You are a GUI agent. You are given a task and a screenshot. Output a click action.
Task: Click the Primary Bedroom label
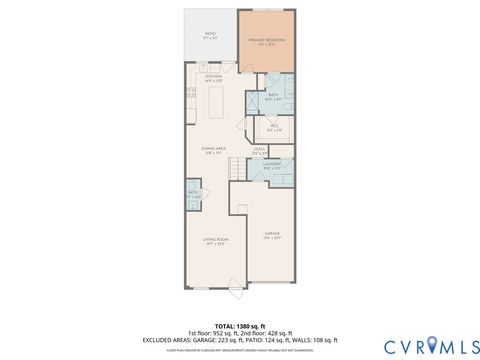[266, 41]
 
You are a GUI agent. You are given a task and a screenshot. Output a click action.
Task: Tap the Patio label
[210, 35]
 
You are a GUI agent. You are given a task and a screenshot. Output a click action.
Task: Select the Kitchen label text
[213, 77]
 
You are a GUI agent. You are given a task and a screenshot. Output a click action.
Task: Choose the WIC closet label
[275, 129]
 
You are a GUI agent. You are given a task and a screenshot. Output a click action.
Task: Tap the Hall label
[259, 152]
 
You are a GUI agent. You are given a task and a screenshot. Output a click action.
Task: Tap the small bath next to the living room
[192, 194]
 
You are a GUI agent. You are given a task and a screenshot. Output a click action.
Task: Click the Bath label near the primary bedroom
[272, 97]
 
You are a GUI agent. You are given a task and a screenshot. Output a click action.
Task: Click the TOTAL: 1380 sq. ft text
[239, 325]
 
